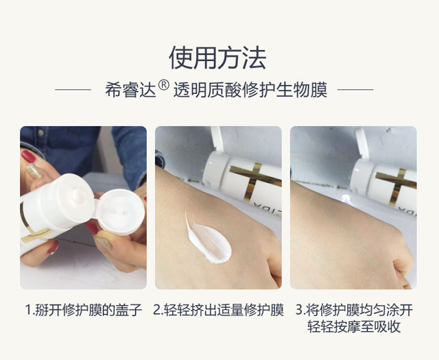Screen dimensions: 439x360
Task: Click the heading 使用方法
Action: (217, 58)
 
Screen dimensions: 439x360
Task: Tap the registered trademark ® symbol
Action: (164, 85)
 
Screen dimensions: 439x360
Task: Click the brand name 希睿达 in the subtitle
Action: (130, 90)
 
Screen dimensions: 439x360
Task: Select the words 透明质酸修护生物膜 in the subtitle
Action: (250, 90)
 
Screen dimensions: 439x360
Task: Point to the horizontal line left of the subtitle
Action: (73, 90)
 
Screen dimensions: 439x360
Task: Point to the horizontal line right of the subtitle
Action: (355, 90)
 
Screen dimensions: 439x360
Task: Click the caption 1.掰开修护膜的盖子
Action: (84, 310)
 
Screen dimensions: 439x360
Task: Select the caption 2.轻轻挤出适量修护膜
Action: (218, 310)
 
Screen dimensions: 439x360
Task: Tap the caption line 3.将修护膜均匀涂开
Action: (354, 310)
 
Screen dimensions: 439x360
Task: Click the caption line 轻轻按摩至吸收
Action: (354, 326)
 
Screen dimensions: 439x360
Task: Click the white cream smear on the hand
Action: (208, 238)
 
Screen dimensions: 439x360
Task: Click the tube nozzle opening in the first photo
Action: (78, 193)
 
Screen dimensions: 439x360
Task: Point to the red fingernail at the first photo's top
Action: (28, 156)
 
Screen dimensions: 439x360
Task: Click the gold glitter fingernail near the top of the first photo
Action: (34, 171)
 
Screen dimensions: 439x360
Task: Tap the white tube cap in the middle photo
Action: (215, 168)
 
